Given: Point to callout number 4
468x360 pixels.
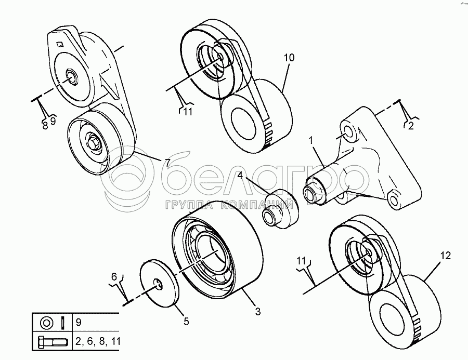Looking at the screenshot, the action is pos(241,175).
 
